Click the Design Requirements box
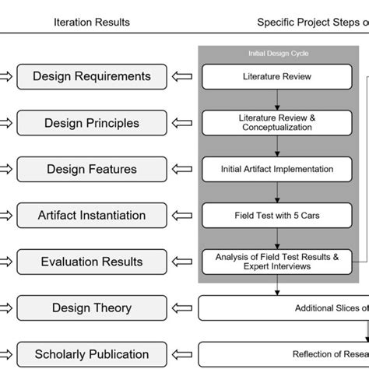click(92, 76)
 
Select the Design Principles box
click(92, 123)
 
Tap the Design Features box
click(92, 169)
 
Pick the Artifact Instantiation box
click(92, 215)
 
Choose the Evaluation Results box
click(92, 262)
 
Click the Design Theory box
click(92, 307)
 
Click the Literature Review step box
click(277, 76)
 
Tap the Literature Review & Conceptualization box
click(277, 122)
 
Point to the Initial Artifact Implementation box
click(277, 169)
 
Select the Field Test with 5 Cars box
click(277, 215)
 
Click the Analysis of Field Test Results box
click(277, 261)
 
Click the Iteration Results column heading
click(92, 22)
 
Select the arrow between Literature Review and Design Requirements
click(183, 76)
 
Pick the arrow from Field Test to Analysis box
click(277, 238)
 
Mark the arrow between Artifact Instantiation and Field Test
click(183, 215)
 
